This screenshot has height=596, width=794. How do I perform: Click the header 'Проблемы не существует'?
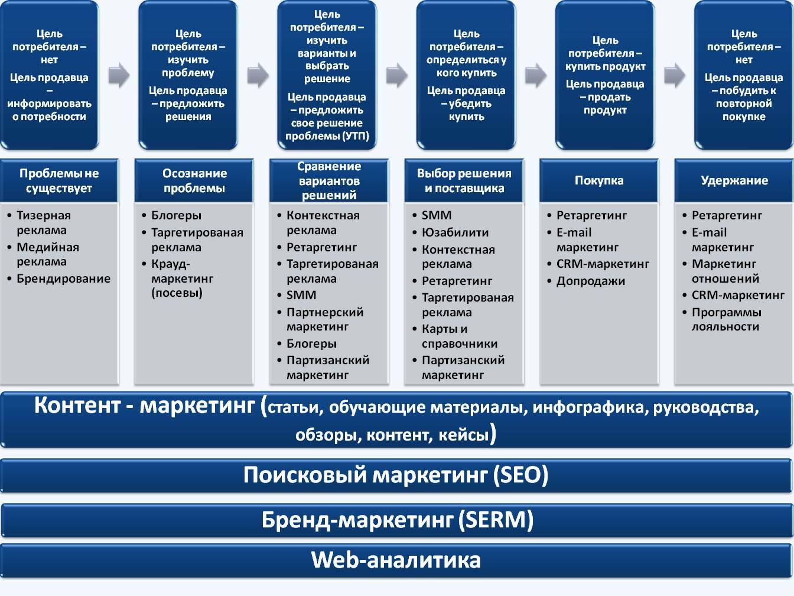59,180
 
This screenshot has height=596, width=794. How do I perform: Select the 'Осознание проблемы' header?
194,180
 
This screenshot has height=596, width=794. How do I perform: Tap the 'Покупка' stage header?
599,180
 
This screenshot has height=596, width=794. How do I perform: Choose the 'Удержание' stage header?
734,180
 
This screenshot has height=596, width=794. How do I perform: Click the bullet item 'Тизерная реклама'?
43,223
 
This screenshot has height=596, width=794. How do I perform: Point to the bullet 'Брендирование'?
63,278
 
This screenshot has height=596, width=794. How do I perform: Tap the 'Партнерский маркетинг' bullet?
324,319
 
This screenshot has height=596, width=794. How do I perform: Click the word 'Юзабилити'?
455,232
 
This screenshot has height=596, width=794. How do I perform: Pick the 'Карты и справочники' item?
459,336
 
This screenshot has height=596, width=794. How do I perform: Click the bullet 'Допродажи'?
590,281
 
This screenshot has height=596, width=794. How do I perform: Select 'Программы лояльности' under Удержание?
726,319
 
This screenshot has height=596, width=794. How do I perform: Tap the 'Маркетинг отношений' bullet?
725,271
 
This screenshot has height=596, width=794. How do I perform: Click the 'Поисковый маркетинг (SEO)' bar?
396,475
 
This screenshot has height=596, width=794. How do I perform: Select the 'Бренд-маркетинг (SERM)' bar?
397,520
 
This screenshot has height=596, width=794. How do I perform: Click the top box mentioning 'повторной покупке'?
744,75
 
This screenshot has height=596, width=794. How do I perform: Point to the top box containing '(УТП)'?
327,75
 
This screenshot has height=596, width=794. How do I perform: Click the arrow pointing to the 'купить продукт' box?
535,75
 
